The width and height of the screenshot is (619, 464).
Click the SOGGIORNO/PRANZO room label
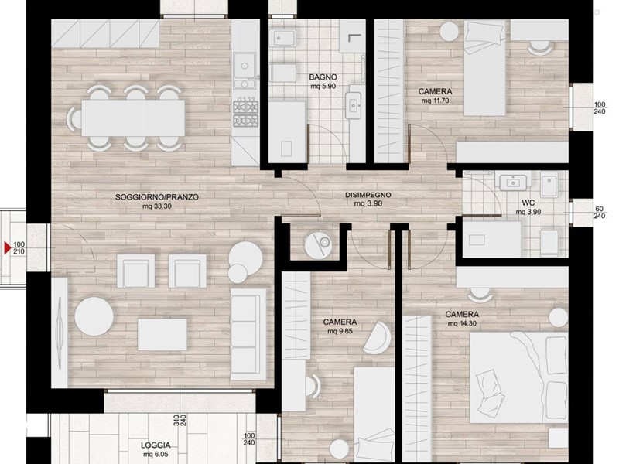point(157,197)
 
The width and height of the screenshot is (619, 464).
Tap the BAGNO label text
point(323,77)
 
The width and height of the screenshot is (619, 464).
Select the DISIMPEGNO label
point(368,195)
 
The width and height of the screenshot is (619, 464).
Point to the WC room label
point(528,203)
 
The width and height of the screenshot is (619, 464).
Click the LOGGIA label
point(156,445)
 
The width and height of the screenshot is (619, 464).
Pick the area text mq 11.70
point(435,101)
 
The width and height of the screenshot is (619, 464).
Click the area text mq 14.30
point(462,323)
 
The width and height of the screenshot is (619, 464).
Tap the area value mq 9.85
point(340,332)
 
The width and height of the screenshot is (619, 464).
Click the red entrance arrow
point(7,248)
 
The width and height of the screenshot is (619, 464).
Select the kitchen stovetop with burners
point(245,114)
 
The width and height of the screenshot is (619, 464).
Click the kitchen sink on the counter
point(245,70)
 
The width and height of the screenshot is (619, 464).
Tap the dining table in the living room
point(133,118)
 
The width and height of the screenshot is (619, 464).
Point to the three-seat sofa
point(248,334)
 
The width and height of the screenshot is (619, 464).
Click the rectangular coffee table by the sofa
point(162,335)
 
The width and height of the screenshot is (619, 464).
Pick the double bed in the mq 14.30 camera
point(518,377)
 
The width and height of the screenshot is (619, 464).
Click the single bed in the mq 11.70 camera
point(484,68)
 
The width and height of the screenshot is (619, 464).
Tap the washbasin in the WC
point(513,183)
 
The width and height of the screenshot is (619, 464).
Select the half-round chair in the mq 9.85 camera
point(377,338)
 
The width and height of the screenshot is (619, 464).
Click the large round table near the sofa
point(94,316)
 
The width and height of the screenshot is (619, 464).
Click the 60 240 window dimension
point(599,212)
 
